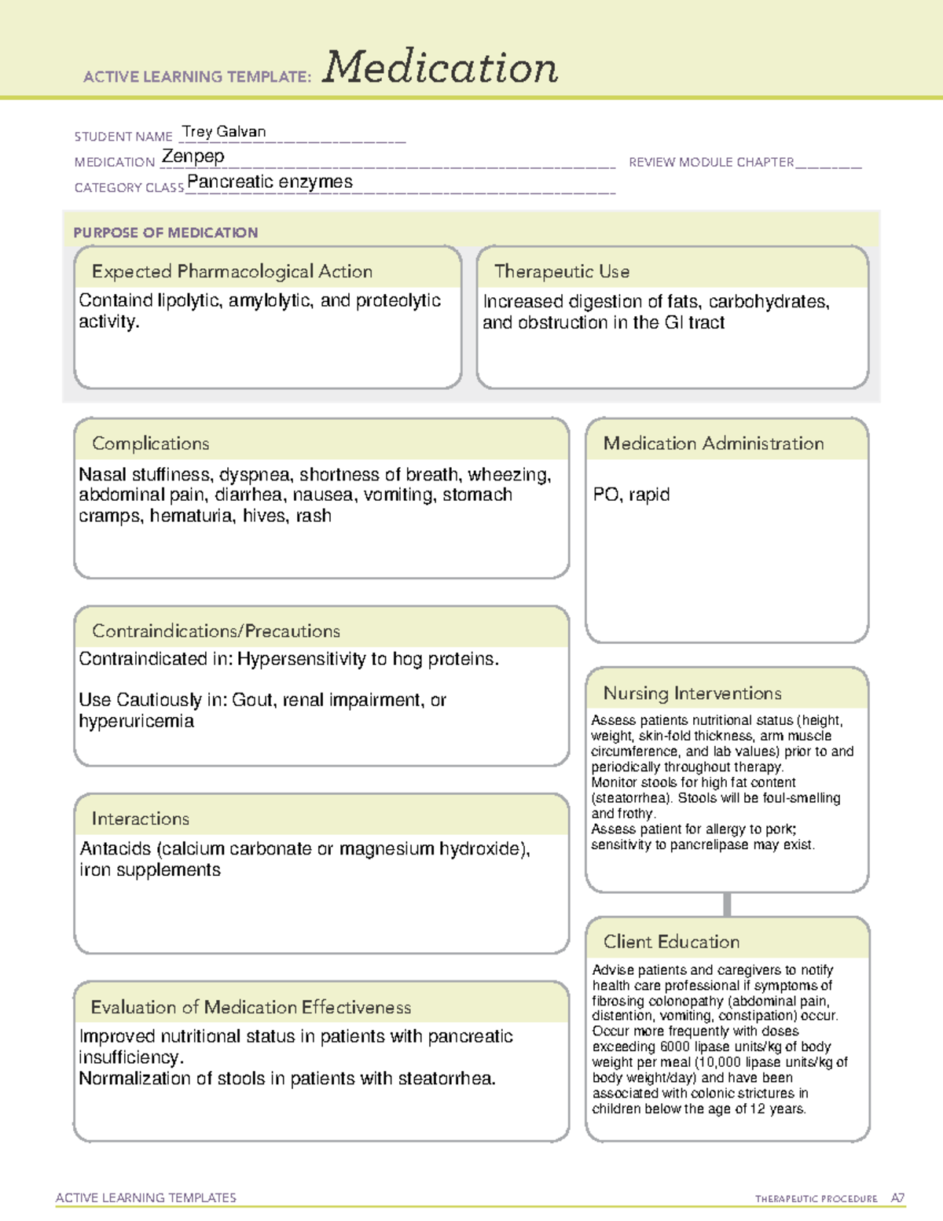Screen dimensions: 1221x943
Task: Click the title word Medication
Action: (x=440, y=68)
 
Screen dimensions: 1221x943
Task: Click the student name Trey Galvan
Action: (x=224, y=131)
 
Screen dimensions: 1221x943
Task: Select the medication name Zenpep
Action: (x=193, y=156)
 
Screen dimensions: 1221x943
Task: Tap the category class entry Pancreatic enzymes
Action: (x=270, y=182)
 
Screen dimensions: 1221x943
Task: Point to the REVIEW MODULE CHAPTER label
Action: (x=711, y=162)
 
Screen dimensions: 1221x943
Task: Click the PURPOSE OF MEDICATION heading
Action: (x=166, y=233)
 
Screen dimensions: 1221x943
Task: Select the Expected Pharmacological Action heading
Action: (x=232, y=271)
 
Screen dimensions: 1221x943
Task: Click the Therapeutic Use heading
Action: (x=562, y=271)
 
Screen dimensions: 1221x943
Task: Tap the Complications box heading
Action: (x=151, y=443)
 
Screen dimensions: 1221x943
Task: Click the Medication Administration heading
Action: (x=714, y=443)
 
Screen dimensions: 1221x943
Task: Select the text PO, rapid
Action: (x=631, y=495)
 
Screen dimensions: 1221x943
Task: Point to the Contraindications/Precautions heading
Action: (x=216, y=631)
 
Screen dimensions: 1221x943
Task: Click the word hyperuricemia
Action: (x=136, y=721)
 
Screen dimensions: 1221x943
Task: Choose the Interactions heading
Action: (x=141, y=818)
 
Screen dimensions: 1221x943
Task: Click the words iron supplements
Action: (x=150, y=870)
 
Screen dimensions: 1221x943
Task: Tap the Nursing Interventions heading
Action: (x=692, y=693)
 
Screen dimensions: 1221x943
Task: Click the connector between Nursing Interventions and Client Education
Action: (x=727, y=904)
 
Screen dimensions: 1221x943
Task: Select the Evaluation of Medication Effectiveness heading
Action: (x=251, y=1007)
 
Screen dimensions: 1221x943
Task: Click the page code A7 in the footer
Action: (x=897, y=1198)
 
